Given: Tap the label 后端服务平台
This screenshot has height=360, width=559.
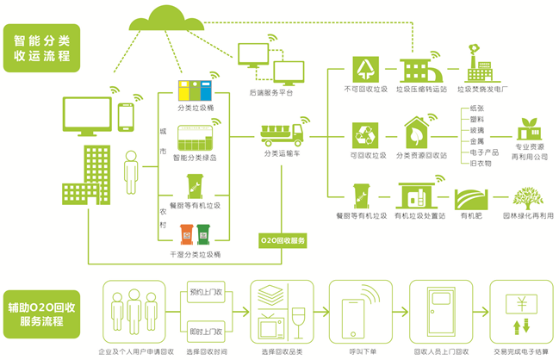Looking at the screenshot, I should click(x=270, y=90).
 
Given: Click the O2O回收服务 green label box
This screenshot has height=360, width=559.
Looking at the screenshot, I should click(x=283, y=240).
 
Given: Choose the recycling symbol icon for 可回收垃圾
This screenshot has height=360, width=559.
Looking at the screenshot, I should click(x=364, y=135).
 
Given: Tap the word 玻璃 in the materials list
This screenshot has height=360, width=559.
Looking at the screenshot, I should click(x=475, y=129).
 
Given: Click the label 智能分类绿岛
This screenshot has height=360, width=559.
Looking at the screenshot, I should click(x=195, y=158).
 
